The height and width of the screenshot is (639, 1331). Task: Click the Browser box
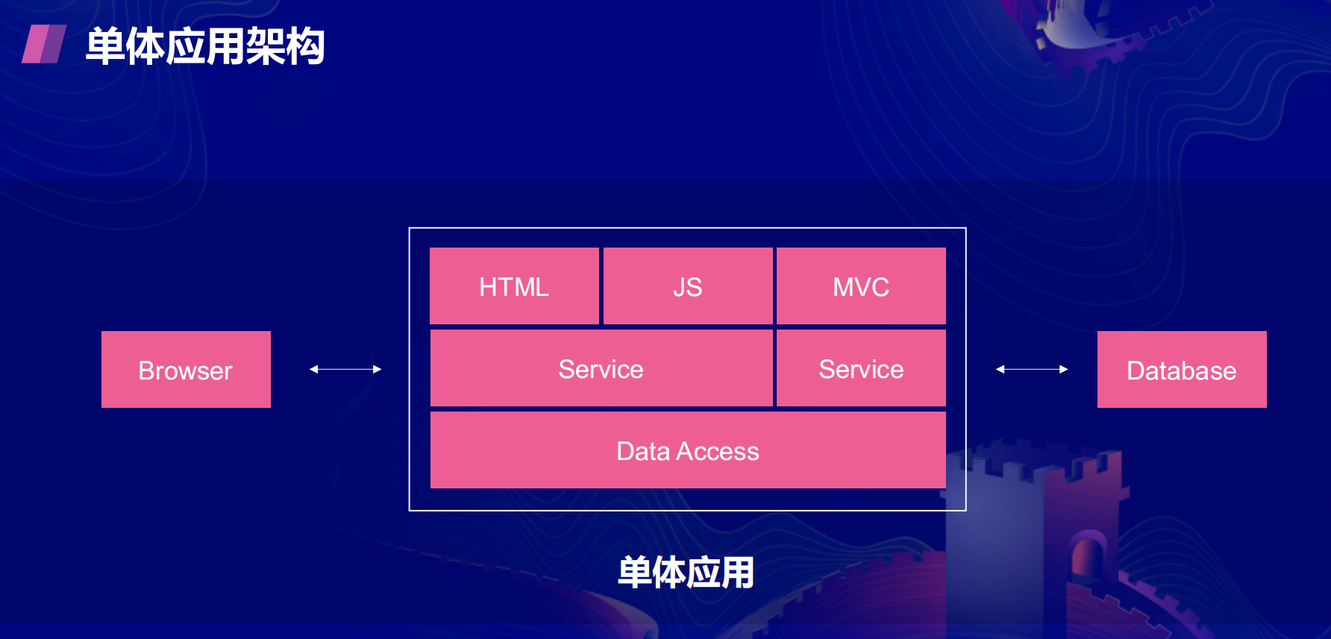[186, 369]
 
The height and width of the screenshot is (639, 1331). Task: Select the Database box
[1182, 369]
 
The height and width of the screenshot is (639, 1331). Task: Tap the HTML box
[514, 286]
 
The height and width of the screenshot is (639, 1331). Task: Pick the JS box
[688, 286]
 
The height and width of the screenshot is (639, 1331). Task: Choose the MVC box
[861, 286]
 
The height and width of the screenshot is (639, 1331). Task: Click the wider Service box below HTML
[601, 368]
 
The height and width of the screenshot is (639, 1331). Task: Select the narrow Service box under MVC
[861, 368]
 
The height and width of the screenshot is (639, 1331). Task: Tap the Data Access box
[688, 450]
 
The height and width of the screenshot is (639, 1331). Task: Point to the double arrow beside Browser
[345, 369]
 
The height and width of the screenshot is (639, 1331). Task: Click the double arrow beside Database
[1032, 369]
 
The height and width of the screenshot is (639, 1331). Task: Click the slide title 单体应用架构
[205, 46]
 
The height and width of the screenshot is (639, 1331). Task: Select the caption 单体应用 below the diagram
[686, 573]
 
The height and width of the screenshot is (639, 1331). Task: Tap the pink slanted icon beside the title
[44, 44]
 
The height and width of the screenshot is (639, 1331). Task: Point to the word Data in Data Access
[643, 452]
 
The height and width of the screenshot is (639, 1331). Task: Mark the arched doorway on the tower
[1088, 555]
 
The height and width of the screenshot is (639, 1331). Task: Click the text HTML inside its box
[514, 287]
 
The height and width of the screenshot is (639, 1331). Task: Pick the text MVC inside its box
[861, 287]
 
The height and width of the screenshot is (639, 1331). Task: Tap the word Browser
[186, 371]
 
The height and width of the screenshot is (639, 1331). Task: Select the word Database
[1182, 371]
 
